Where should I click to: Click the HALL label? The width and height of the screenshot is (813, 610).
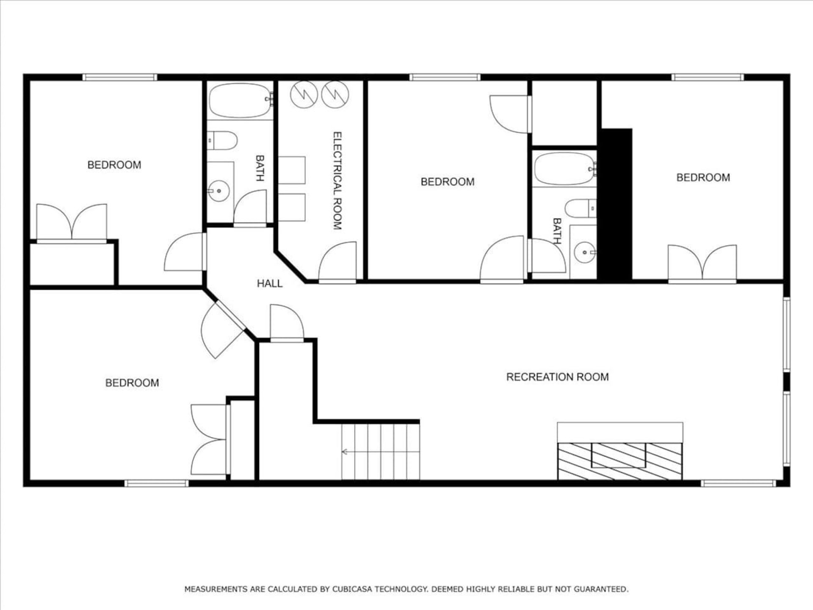(x=270, y=283)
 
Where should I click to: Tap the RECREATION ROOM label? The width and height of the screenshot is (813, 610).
(x=557, y=377)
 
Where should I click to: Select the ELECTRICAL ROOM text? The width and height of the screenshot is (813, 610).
(x=337, y=181)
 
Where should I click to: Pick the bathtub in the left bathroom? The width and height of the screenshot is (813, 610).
(x=240, y=100)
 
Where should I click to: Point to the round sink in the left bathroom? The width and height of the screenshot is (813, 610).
(x=219, y=191)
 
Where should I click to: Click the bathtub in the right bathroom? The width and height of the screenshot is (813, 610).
(x=565, y=169)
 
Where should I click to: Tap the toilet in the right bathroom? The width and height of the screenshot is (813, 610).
(x=581, y=208)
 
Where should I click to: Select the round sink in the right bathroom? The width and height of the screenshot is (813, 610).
(x=585, y=252)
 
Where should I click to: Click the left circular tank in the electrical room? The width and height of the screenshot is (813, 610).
(x=304, y=94)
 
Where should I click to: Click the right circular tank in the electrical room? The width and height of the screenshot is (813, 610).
(x=335, y=94)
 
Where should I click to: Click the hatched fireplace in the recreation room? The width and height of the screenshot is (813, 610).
(x=620, y=462)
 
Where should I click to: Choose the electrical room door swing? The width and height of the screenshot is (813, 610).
(x=337, y=261)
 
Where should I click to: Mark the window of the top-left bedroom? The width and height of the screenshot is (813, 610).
(x=120, y=77)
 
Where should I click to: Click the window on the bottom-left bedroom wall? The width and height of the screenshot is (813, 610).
(x=156, y=483)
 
